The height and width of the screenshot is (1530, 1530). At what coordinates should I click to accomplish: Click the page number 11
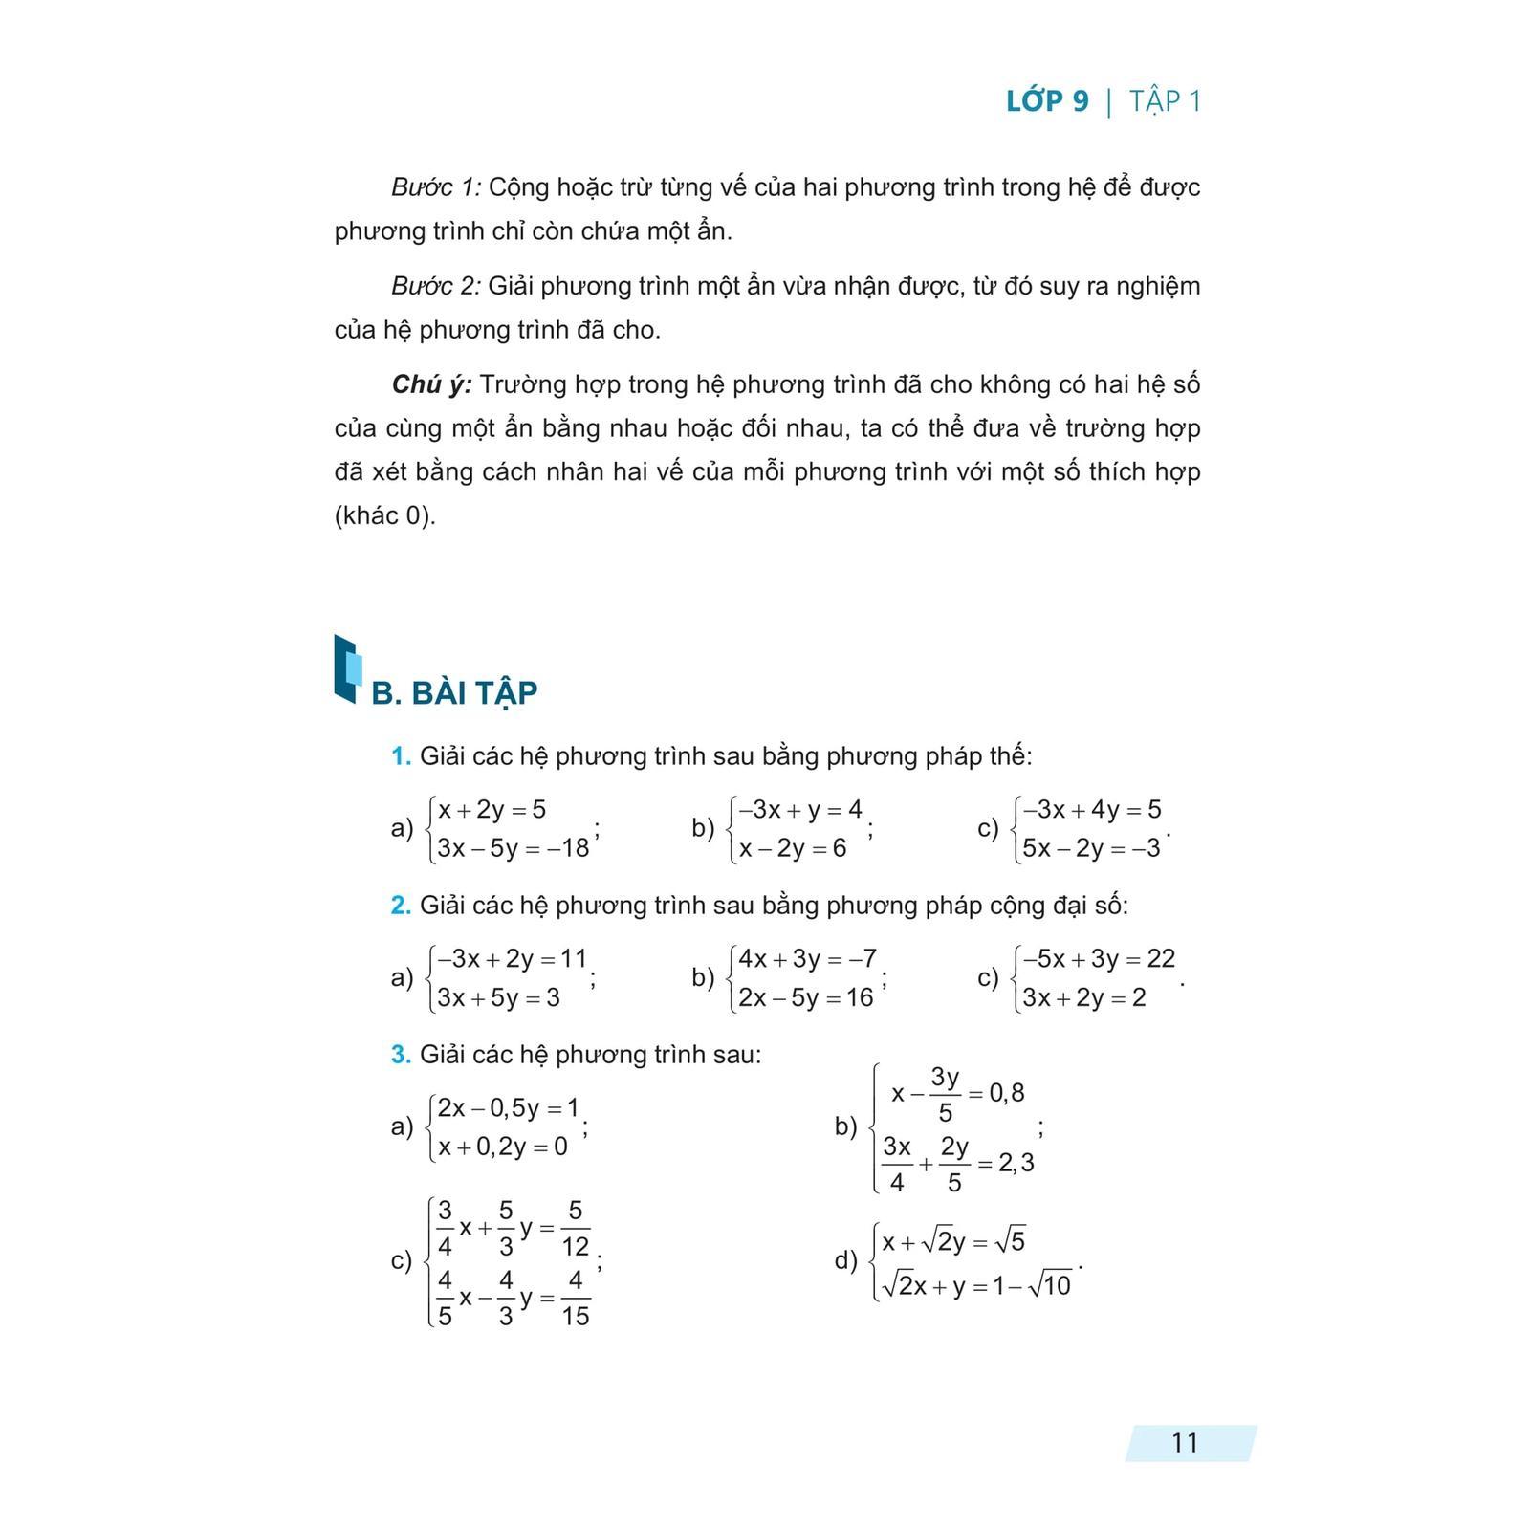coord(1184,1442)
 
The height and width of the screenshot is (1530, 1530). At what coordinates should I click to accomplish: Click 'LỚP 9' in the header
coord(1047,101)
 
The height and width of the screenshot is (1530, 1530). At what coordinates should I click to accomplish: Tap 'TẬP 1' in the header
coord(1165,101)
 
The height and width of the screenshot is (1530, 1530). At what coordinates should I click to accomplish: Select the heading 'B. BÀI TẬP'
coord(454,692)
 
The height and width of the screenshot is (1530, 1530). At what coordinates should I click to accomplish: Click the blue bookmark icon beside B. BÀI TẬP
coord(347,668)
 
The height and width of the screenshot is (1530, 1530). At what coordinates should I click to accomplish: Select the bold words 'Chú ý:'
coord(431,384)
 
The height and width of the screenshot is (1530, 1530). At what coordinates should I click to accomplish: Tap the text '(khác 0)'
coord(384,515)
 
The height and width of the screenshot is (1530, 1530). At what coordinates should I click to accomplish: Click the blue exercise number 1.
coord(401,756)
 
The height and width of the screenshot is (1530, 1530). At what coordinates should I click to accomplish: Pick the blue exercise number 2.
coord(401,906)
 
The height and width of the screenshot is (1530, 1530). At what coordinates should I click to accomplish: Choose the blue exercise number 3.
coord(401,1055)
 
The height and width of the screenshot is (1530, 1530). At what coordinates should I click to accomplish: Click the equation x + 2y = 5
coord(492,810)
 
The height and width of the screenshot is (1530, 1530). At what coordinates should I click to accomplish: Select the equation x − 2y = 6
coord(793,848)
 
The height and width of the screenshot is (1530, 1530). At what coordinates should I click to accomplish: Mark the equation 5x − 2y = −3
coord(1090,848)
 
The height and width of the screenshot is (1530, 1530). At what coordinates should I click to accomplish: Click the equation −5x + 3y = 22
coord(1099,958)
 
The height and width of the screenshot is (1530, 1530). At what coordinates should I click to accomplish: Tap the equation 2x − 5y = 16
coord(805,997)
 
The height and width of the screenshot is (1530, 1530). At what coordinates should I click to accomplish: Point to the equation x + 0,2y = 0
coord(502,1146)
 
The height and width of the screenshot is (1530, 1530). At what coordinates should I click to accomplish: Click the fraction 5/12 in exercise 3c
coord(575,1229)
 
